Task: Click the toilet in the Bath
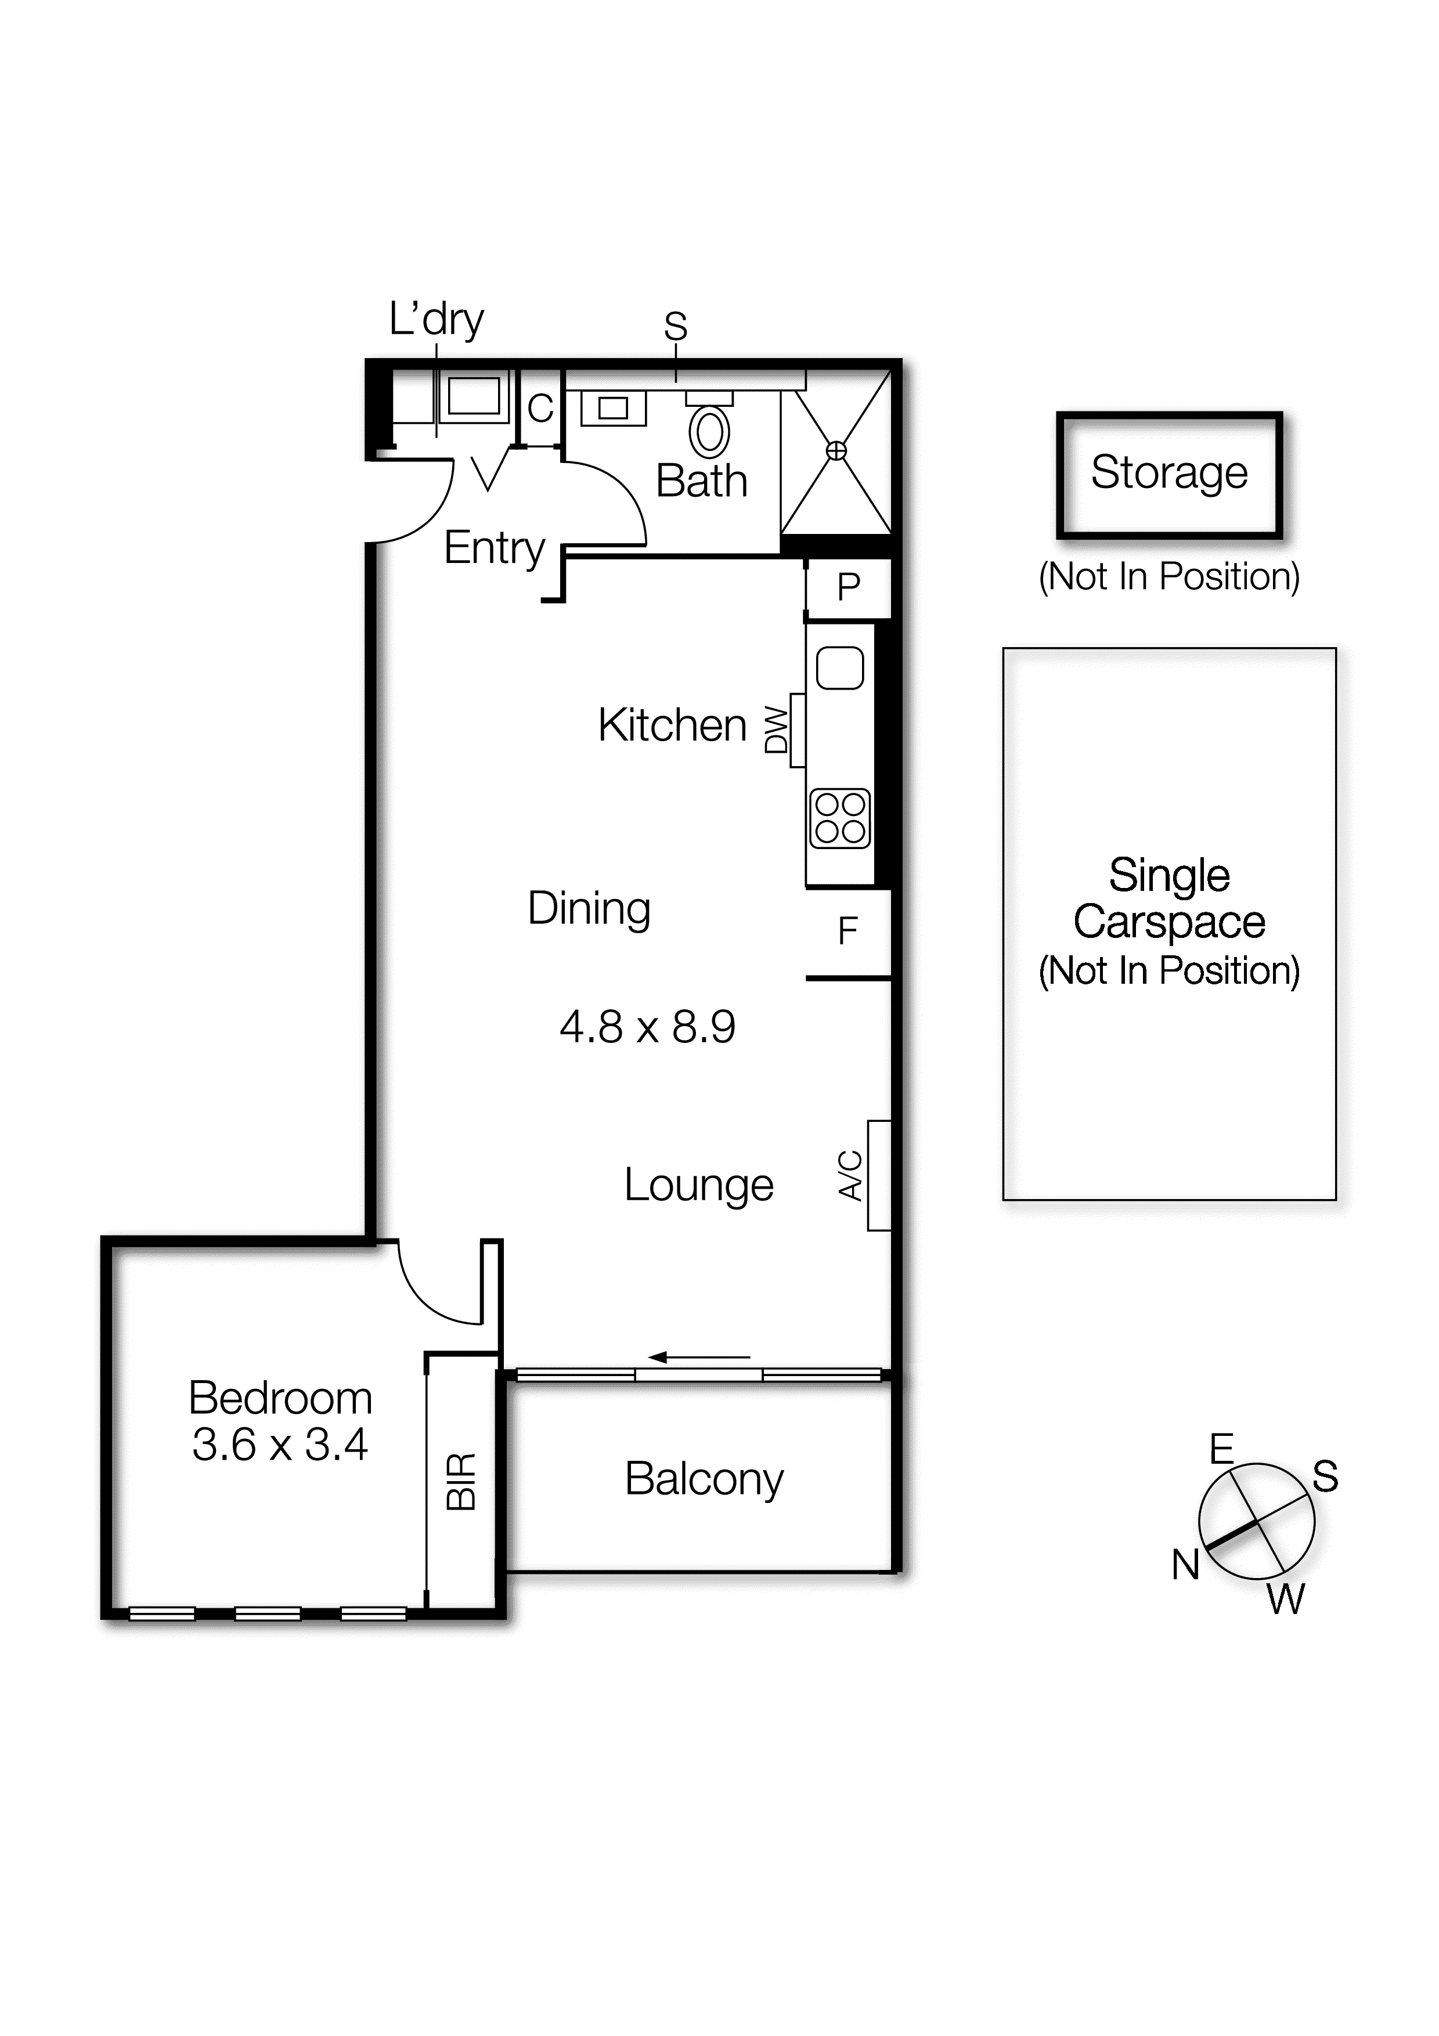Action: pyautogui.click(x=709, y=431)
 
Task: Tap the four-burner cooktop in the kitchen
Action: pyautogui.click(x=839, y=818)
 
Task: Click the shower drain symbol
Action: pyautogui.click(x=836, y=452)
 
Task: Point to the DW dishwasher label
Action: pyautogui.click(x=777, y=730)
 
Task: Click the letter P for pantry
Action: pyautogui.click(x=849, y=587)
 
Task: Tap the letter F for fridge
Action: pyautogui.click(x=847, y=931)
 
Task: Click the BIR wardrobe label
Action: pyautogui.click(x=462, y=1481)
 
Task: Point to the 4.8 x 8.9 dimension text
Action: pyautogui.click(x=647, y=1027)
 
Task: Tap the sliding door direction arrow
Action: pyautogui.click(x=699, y=1357)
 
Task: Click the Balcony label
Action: pyautogui.click(x=704, y=1479)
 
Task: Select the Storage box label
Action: pyautogui.click(x=1168, y=472)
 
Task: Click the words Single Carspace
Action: pyautogui.click(x=1168, y=898)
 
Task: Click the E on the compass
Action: pyautogui.click(x=1222, y=1449)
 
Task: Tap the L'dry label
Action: pyautogui.click(x=436, y=319)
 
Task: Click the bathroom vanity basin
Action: pyautogui.click(x=612, y=409)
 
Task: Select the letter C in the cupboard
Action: pyautogui.click(x=540, y=409)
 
